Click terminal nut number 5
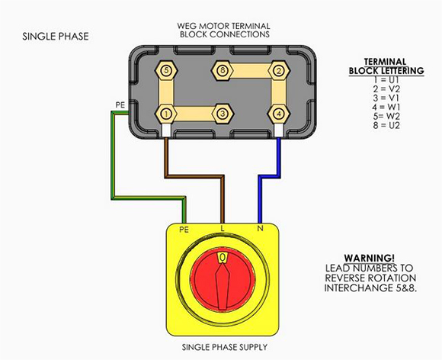(x=166, y=70)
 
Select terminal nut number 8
(x=223, y=70)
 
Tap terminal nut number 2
(x=279, y=70)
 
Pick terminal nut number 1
(x=166, y=114)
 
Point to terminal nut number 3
(x=223, y=114)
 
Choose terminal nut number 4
(x=279, y=114)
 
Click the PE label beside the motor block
(x=120, y=105)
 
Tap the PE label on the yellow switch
(x=184, y=230)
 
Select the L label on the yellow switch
(x=223, y=229)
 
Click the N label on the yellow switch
(x=260, y=229)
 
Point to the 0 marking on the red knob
(x=223, y=257)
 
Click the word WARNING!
(x=370, y=258)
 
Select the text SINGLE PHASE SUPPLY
(x=224, y=347)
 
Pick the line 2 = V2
(x=386, y=89)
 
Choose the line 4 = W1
(x=386, y=108)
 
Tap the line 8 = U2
(x=386, y=125)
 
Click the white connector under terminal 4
(x=279, y=130)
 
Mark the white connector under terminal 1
(x=166, y=130)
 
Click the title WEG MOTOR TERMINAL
(x=223, y=26)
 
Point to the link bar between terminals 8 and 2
(x=251, y=70)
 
